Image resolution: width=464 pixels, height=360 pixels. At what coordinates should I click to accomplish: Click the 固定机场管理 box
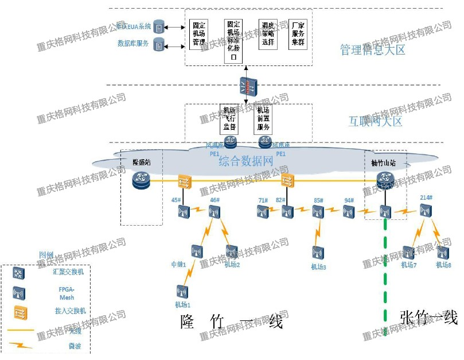point(198,35)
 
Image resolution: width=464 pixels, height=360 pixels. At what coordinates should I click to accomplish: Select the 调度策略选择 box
point(267,34)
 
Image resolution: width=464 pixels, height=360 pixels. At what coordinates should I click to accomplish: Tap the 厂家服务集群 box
point(298,34)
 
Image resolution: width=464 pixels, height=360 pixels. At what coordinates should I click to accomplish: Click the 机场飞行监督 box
point(229,118)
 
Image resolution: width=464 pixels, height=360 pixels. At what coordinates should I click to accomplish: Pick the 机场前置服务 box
point(263,118)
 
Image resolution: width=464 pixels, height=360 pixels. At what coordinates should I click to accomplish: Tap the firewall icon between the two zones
point(247,87)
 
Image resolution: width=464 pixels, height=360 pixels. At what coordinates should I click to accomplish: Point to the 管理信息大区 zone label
point(373,50)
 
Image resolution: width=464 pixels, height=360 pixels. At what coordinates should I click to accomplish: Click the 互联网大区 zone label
point(376,121)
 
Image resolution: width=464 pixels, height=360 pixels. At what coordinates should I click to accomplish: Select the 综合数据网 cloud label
point(245,161)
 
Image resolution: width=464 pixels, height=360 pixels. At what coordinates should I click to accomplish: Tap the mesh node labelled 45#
point(184,212)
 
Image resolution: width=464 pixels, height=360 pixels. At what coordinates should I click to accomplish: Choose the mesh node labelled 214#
point(425,211)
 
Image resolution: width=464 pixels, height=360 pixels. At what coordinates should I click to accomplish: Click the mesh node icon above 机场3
point(318,253)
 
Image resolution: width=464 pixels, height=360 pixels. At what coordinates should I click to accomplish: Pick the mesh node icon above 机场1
point(182,291)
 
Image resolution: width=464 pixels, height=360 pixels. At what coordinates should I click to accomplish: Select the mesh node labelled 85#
point(318,212)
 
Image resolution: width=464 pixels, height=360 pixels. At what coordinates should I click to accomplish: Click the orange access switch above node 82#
point(287,181)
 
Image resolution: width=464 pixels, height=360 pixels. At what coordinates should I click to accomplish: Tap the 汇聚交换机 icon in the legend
point(20,272)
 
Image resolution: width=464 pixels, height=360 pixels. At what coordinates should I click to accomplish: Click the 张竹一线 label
point(428,318)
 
